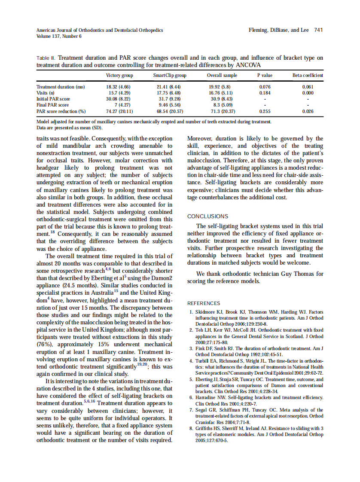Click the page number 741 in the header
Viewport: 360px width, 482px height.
(318, 30)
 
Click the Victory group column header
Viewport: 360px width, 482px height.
(119, 76)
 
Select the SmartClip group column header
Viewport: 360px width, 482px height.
(170, 76)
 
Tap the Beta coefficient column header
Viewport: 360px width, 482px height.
(308, 76)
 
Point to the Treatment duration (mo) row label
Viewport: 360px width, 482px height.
(61, 87)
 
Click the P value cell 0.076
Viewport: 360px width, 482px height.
(265, 87)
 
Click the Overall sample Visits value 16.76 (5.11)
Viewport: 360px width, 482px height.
(220, 93)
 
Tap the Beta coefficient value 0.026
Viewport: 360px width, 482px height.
(308, 111)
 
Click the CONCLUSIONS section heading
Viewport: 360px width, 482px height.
(208, 217)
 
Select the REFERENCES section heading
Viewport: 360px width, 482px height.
(204, 303)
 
